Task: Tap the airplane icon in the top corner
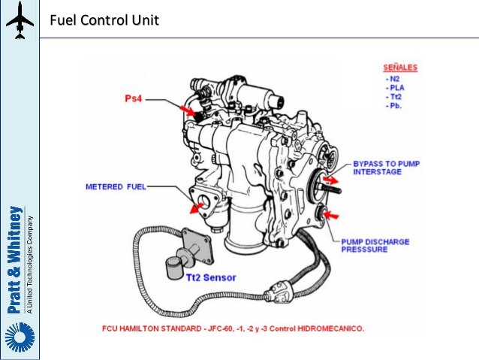pos(20,20)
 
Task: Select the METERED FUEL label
pos(116,186)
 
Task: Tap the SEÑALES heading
pos(399,67)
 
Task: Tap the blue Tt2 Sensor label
pos(210,277)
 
